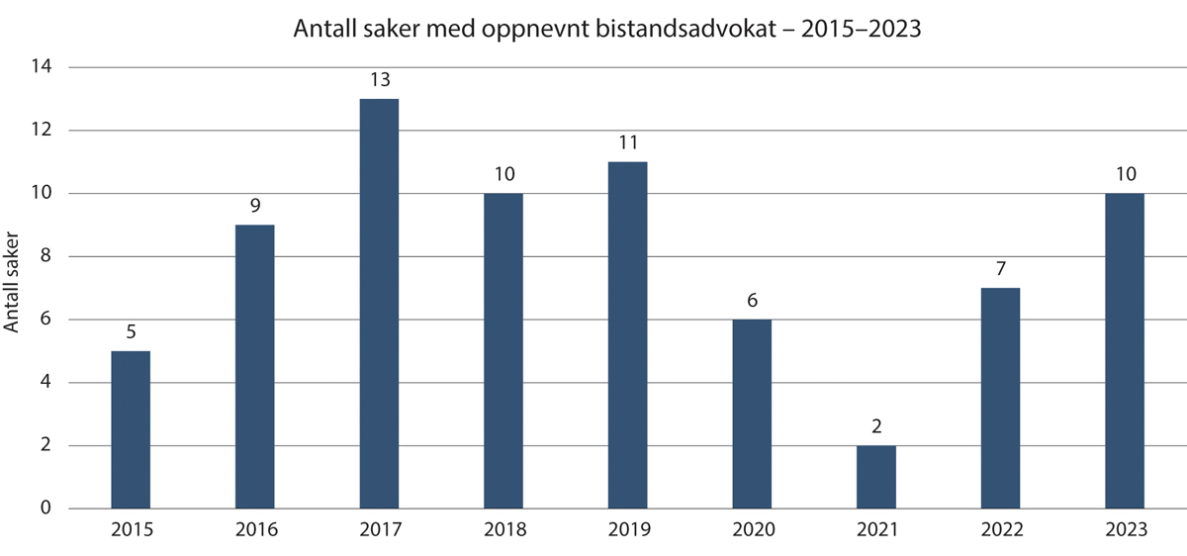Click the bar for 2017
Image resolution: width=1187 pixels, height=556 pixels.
pos(379,304)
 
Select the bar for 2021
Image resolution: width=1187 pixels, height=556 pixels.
pos(876,477)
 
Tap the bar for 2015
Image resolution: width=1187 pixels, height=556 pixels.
pos(131,429)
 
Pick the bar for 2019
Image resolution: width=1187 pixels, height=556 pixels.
pos(627,335)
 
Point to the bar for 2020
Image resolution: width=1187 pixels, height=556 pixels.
pos(752,414)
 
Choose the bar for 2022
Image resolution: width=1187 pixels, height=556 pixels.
pos(1000,398)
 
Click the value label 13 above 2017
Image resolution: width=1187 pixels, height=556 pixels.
pos(379,80)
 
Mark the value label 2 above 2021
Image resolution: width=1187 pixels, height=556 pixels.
pos(876,427)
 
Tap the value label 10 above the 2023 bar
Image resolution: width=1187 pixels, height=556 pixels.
pos(1125,175)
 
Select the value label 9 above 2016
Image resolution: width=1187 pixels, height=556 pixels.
pos(255,207)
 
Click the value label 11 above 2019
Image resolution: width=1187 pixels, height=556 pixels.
pos(627,143)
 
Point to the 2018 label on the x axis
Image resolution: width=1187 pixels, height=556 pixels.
pos(503,530)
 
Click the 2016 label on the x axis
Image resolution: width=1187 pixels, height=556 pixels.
pos(255,530)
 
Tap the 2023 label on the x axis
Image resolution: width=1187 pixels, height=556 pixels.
pos(1125,530)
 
